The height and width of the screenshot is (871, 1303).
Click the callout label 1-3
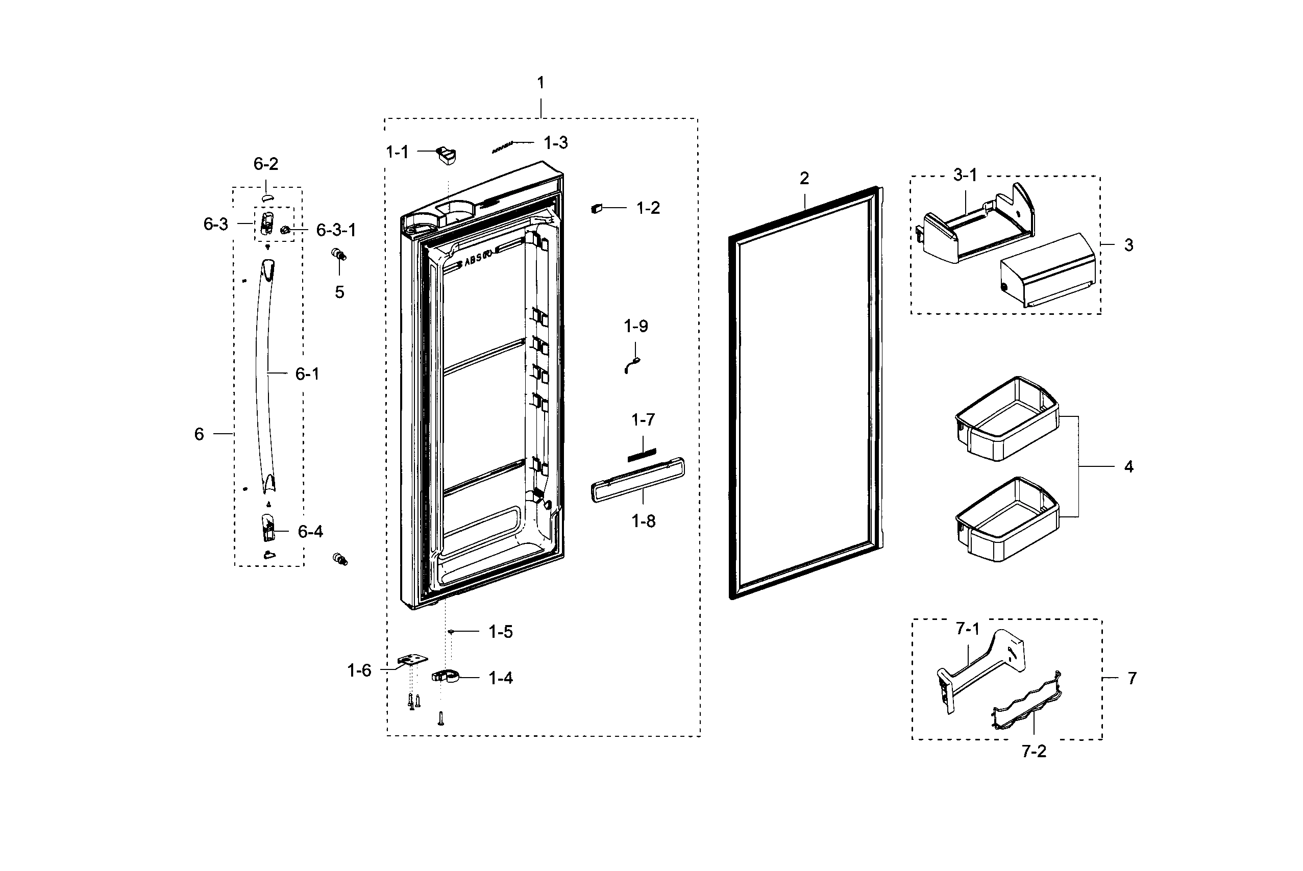click(555, 143)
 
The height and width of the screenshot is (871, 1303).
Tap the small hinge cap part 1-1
click(447, 155)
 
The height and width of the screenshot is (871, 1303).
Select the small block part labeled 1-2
click(597, 208)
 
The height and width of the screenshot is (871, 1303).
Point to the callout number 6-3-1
click(336, 230)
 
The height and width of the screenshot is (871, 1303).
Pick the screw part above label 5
click(338, 255)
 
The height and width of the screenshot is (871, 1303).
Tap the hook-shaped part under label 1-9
click(632, 365)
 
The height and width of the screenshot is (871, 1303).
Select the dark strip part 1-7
click(642, 455)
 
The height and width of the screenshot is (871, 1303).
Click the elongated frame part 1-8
click(637, 480)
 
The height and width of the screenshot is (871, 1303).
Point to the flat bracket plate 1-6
click(413, 659)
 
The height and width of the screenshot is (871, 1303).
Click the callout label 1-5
click(500, 632)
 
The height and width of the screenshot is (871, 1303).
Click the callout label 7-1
click(967, 629)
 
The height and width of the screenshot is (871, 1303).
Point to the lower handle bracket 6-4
click(268, 527)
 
